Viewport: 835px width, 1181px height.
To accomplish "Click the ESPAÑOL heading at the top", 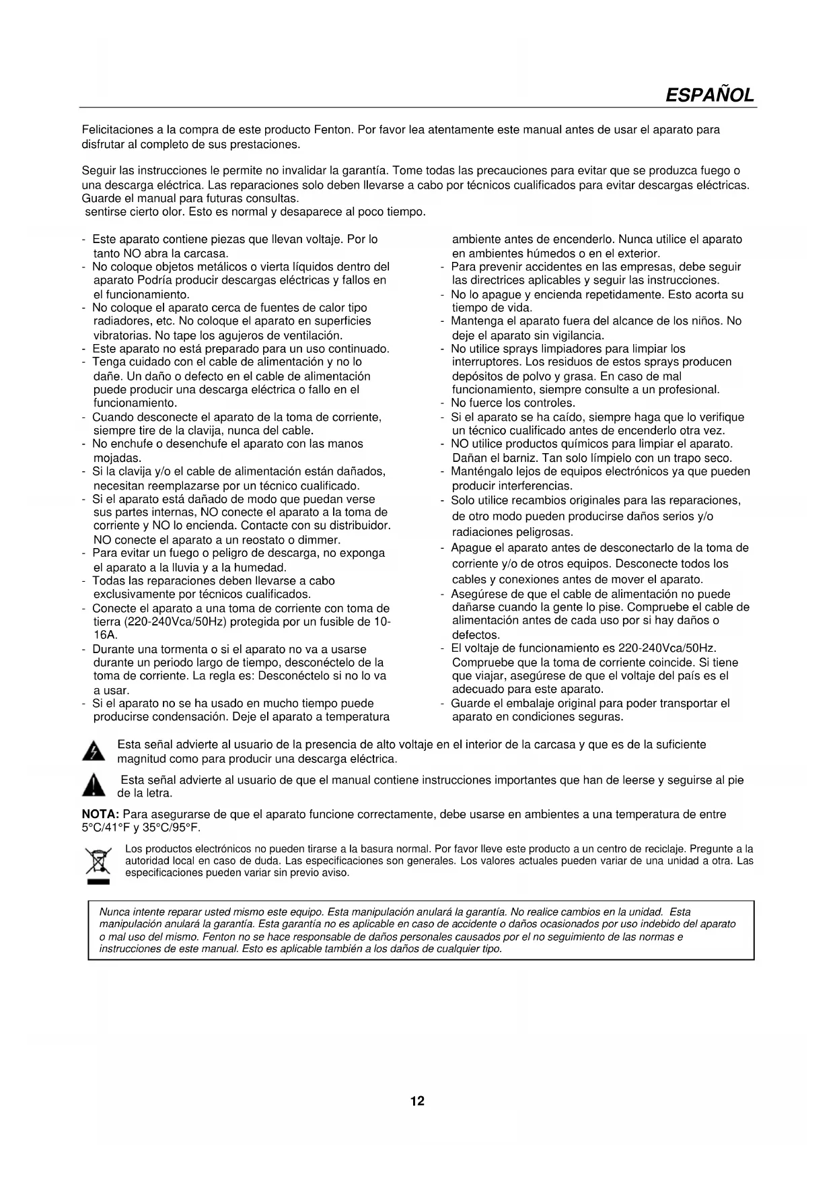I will tap(709, 95).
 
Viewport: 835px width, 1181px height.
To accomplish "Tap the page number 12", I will tap(417, 1101).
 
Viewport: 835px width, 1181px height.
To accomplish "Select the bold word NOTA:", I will tap(100, 814).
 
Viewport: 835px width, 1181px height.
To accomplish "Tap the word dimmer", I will tap(321, 539).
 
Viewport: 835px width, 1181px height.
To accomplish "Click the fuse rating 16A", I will tap(105, 635).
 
